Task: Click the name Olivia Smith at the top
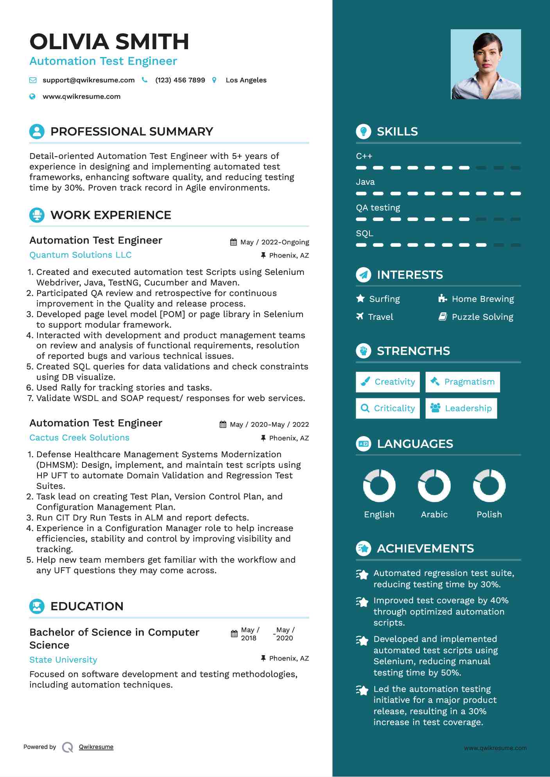point(109,42)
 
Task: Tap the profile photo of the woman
point(486,64)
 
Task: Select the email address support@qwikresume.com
point(88,80)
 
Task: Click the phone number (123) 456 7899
point(180,80)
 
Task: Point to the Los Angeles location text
point(246,80)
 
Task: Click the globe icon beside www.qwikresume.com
point(32,96)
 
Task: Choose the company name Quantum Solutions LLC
point(81,255)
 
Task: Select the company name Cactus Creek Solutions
point(79,438)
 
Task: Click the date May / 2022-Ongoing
point(274,242)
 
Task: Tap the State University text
point(63,660)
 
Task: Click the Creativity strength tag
point(388,382)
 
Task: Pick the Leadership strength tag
point(461,408)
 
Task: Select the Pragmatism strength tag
point(463,382)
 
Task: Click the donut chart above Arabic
point(434,486)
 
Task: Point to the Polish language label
point(489,515)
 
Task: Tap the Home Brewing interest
point(482,299)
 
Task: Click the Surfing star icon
point(360,299)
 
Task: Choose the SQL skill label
point(364,233)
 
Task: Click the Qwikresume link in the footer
point(96,747)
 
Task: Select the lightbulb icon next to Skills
point(364,132)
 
